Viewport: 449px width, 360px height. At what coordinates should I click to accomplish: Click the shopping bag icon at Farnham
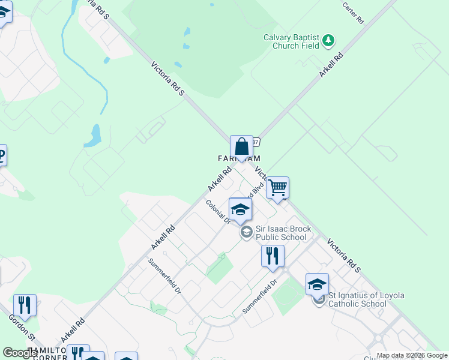tap(241, 146)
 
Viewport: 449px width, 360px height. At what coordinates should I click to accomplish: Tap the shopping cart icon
tap(277, 188)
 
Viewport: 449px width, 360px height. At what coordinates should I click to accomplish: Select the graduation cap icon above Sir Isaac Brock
tap(240, 209)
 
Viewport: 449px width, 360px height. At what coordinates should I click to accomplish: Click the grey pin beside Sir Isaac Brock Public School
tap(246, 232)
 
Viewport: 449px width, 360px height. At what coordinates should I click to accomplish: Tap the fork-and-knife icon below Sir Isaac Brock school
tap(273, 256)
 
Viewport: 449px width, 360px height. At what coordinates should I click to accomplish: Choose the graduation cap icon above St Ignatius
tap(317, 284)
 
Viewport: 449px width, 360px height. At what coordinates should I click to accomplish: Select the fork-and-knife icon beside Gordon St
tap(25, 305)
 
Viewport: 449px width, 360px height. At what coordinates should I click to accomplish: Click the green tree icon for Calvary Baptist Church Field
tap(328, 41)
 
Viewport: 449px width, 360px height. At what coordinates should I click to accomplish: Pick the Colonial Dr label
tap(218, 212)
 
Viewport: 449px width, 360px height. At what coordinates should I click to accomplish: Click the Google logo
tap(20, 353)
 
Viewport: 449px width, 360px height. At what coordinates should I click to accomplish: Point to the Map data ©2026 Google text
tap(412, 355)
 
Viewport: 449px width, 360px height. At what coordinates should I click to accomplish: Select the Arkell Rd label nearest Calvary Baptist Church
tap(331, 65)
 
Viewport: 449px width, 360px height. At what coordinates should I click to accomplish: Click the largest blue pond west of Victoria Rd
tap(92, 136)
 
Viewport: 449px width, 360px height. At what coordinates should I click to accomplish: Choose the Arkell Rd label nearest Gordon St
tap(71, 330)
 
